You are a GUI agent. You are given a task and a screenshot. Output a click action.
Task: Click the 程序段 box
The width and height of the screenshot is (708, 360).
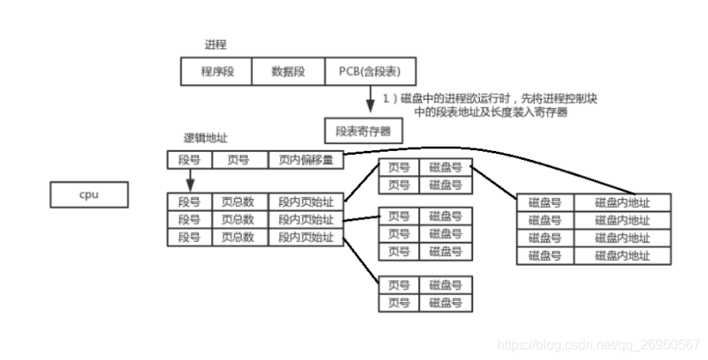217,72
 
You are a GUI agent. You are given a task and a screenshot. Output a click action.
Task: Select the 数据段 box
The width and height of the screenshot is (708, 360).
288,72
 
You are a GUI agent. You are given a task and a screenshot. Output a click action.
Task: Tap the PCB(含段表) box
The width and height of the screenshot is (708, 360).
371,72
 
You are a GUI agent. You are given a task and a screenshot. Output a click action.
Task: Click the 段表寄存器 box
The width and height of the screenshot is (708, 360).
363,131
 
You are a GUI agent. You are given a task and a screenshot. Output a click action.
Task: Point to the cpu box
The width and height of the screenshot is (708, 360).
89,195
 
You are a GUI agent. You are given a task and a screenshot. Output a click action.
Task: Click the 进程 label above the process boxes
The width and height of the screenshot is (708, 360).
216,45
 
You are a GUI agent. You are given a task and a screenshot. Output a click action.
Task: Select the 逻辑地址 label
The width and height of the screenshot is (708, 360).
206,138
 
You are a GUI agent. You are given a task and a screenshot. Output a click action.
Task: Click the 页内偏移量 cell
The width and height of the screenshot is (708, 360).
307,160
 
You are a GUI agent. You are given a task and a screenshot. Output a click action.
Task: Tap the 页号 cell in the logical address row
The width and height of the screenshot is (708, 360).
240,160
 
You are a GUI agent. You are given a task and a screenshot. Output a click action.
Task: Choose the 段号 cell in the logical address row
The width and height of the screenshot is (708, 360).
190,160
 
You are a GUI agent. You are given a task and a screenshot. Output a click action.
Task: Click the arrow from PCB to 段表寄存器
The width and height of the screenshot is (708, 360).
371,99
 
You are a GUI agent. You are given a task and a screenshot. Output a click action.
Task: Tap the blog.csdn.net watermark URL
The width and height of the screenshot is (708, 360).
599,345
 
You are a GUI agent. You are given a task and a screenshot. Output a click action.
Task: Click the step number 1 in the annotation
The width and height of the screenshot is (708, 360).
386,98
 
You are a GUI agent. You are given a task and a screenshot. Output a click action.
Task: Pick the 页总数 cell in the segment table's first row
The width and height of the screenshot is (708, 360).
240,202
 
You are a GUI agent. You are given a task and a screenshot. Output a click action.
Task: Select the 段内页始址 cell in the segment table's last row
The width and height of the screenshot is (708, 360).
307,237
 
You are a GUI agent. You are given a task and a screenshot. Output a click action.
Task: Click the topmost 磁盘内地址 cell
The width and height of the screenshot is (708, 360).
623,202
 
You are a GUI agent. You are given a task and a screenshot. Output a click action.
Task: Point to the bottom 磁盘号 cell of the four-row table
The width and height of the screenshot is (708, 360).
546,256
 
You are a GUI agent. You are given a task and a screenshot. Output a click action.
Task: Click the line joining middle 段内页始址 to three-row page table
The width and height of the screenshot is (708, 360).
361,218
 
